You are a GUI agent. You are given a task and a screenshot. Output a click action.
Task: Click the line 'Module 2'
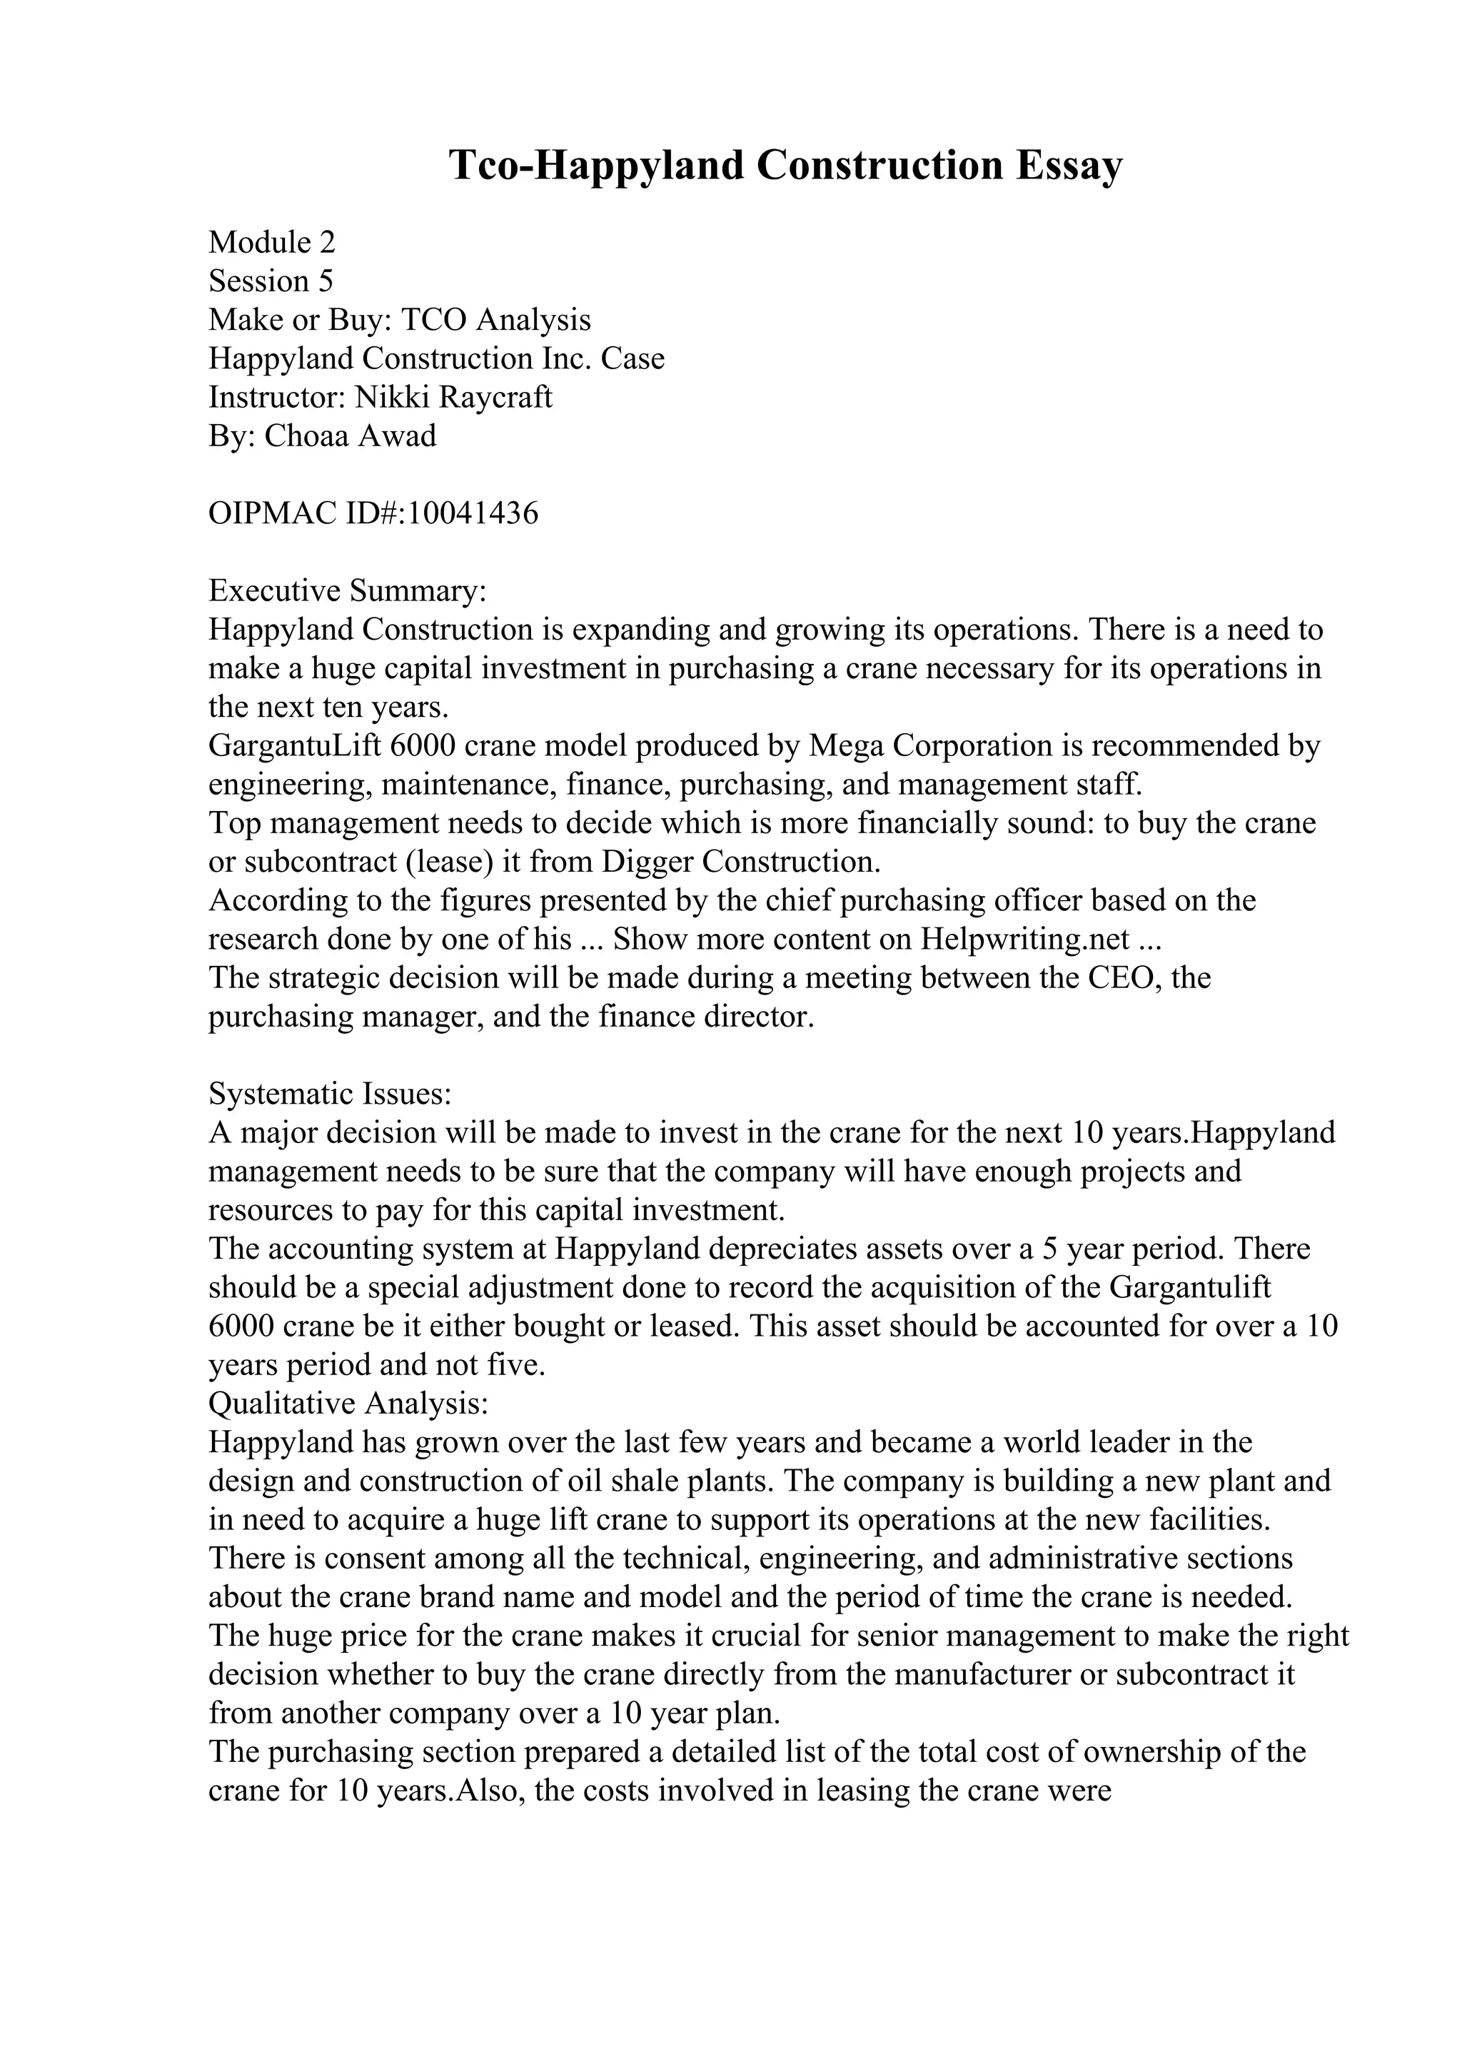271,243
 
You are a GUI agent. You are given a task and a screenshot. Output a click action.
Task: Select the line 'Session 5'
271,281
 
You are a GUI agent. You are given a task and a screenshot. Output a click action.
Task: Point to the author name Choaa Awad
351,436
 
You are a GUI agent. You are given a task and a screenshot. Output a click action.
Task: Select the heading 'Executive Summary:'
347,591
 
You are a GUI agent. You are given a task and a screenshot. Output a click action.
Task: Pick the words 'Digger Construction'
740,862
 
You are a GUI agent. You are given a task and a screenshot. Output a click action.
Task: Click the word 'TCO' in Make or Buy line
434,320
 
